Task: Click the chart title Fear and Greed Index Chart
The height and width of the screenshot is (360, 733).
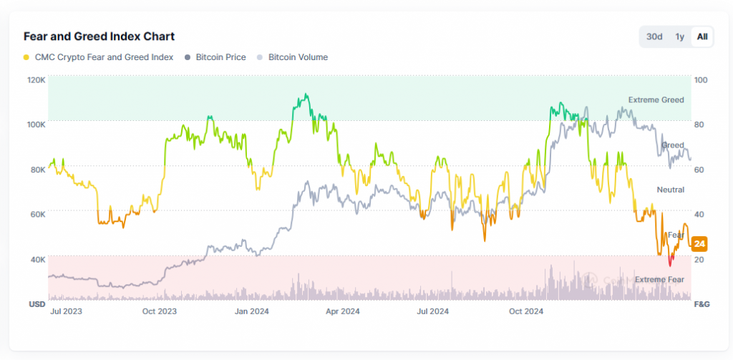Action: (99, 36)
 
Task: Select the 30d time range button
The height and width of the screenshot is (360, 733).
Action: (654, 37)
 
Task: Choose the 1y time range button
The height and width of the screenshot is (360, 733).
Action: (680, 37)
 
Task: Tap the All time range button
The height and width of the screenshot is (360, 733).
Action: (702, 37)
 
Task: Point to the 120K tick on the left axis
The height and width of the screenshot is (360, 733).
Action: (37, 79)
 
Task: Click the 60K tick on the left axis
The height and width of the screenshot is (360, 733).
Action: (37, 214)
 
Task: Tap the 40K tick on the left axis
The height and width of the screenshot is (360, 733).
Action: (37, 259)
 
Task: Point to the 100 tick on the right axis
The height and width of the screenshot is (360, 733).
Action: (701, 79)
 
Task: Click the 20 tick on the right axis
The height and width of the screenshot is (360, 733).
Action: (699, 259)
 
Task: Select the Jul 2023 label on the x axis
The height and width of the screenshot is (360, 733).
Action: (66, 311)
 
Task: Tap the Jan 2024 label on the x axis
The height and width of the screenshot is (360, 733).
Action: (251, 311)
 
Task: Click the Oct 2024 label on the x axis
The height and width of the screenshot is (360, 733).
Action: (525, 311)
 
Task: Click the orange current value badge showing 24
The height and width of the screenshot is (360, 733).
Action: (700, 244)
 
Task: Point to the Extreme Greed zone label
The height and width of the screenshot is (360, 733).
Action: (656, 100)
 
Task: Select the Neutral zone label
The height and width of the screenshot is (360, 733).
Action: (670, 190)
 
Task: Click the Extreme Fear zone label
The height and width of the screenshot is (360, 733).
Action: (659, 279)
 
